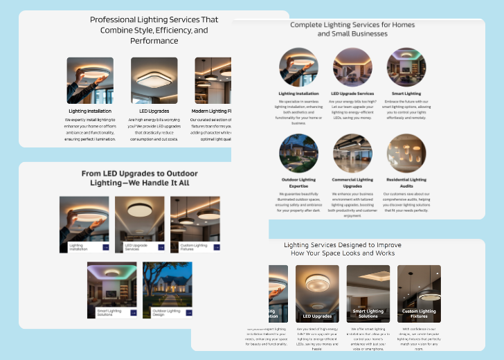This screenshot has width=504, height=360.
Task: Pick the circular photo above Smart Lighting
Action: (x=406, y=67)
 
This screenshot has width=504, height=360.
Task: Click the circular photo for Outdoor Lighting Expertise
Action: (x=298, y=153)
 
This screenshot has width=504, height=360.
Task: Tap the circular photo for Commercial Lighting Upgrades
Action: (x=352, y=153)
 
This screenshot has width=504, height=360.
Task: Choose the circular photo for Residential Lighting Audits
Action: (x=406, y=153)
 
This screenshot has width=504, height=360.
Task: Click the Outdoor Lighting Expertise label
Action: (x=298, y=183)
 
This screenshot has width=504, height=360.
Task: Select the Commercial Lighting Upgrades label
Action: (x=352, y=183)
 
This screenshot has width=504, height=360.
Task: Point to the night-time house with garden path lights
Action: (x=167, y=284)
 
